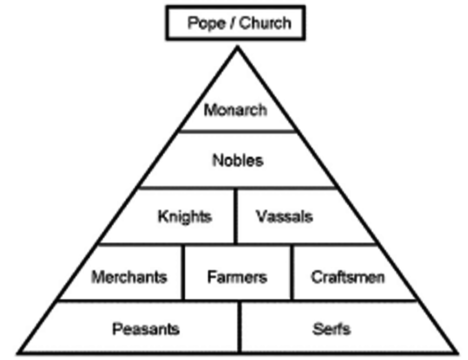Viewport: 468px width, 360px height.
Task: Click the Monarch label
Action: (235, 110)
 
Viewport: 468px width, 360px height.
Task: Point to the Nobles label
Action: (238, 160)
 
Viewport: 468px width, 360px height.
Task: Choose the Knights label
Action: (184, 217)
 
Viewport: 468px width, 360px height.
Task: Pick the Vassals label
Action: (283, 217)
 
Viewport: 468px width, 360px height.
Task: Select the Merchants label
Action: (129, 277)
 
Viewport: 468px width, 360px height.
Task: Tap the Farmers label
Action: (236, 277)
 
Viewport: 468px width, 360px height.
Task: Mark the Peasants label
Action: (145, 328)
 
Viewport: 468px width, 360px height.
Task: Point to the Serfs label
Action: (331, 328)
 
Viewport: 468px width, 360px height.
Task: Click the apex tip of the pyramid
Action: (237, 46)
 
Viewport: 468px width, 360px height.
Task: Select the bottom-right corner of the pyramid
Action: (457, 352)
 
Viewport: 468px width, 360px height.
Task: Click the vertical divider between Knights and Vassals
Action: (235, 216)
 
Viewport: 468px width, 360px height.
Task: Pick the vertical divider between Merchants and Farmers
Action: (184, 272)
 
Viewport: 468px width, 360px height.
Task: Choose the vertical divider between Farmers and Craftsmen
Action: (291, 272)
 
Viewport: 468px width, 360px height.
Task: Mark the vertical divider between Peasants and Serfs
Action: (239, 327)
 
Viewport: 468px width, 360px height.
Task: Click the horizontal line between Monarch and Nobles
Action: (237, 131)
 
